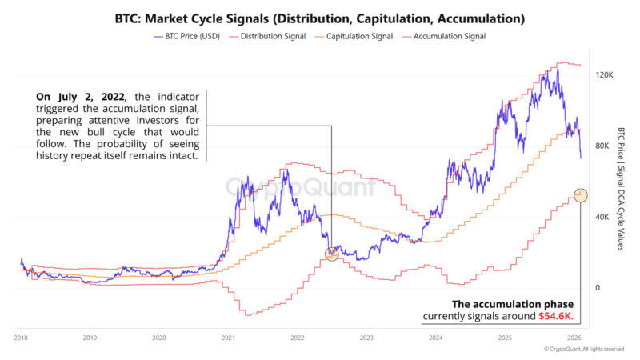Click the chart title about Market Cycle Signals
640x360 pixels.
(x=320, y=17)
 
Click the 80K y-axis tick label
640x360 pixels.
(x=600, y=146)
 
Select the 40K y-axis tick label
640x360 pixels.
(x=600, y=217)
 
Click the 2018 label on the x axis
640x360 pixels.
(x=21, y=338)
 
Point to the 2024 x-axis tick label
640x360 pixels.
(x=435, y=338)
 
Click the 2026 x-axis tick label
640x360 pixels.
(x=574, y=338)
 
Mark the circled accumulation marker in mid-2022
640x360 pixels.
(x=332, y=254)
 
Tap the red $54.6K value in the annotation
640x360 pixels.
(x=556, y=318)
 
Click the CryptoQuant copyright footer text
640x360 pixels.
(x=583, y=350)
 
